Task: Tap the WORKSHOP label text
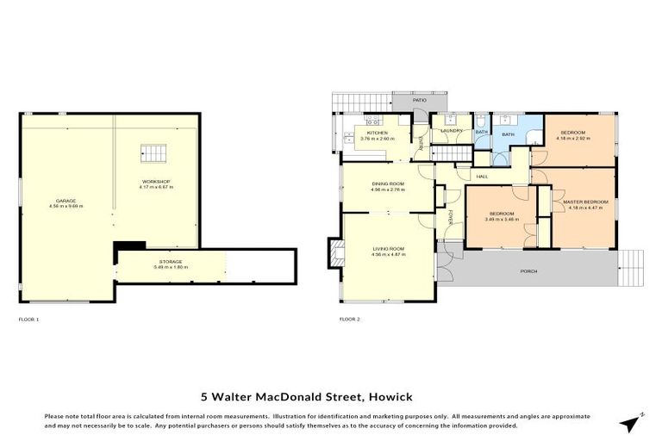(157, 182)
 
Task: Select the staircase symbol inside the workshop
(153, 154)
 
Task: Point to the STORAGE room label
(170, 261)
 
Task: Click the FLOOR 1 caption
(28, 319)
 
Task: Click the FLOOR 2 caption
(349, 319)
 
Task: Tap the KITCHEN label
(378, 134)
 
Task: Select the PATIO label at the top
(419, 101)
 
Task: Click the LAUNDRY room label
(452, 131)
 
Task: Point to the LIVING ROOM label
(388, 248)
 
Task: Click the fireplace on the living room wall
(336, 252)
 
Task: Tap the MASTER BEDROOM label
(586, 202)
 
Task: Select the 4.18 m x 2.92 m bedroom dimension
(573, 138)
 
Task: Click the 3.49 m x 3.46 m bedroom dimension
(501, 219)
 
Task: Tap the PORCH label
(528, 271)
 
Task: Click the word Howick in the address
(390, 396)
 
